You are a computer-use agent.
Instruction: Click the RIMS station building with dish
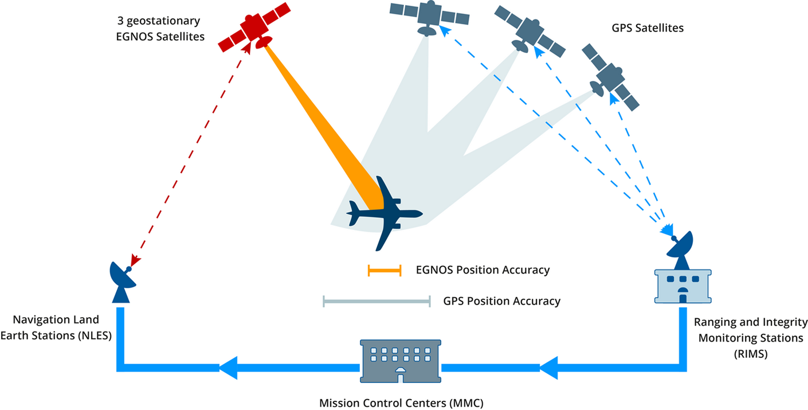click(x=683, y=275)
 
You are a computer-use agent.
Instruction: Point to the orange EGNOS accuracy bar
click(x=385, y=270)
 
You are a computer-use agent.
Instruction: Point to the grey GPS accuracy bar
click(x=376, y=301)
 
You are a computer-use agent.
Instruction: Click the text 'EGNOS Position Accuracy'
click(x=483, y=270)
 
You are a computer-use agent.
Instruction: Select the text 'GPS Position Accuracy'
click(x=501, y=301)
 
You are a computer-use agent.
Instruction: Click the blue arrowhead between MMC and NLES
click(x=229, y=368)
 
